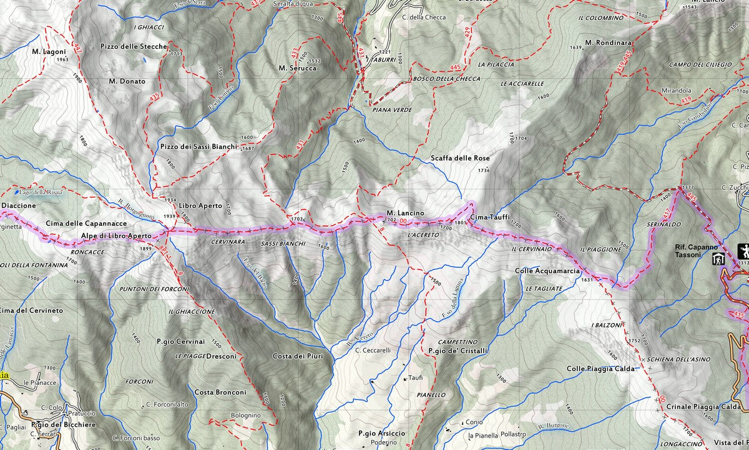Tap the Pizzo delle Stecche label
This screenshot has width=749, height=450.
pyautogui.click(x=134, y=46)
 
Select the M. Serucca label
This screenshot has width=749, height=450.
pyautogui.click(x=298, y=68)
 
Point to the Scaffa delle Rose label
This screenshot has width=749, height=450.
pyautogui.click(x=460, y=159)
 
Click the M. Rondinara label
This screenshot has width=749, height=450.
pyautogui.click(x=609, y=42)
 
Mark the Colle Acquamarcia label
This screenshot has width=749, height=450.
pyautogui.click(x=547, y=271)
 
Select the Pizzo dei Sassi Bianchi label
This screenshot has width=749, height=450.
pyautogui.click(x=198, y=146)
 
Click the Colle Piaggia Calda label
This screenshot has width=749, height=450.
pyautogui.click(x=600, y=369)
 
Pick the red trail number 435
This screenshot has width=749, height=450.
pyautogui.click(x=155, y=97)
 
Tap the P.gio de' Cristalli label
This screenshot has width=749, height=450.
pyautogui.click(x=458, y=351)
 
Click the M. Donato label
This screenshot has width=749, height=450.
pyautogui.click(x=127, y=81)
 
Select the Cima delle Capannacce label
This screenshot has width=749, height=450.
pyautogui.click(x=86, y=223)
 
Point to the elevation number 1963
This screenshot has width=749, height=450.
pyautogui.click(x=62, y=60)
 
